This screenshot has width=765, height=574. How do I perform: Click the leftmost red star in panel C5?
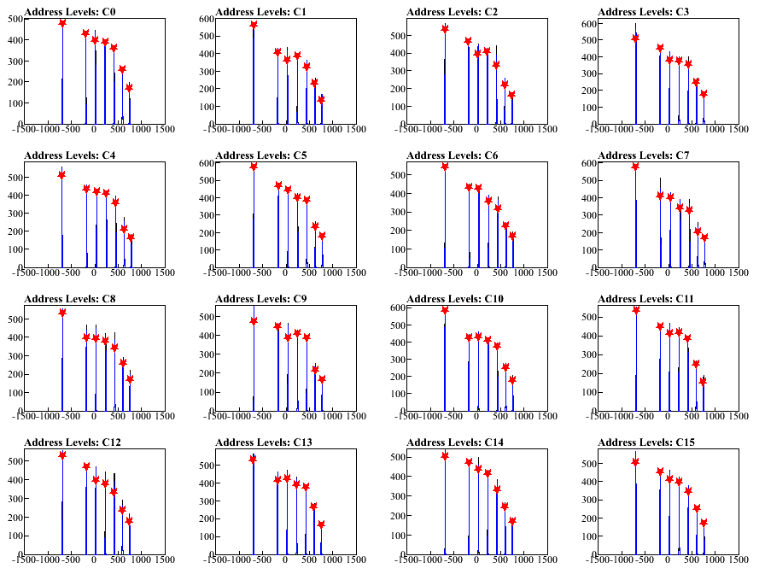coord(254,166)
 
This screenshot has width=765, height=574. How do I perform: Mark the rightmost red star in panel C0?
coord(130,88)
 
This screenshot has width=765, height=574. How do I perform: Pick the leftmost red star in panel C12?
coord(62,454)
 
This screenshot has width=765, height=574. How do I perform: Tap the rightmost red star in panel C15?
coord(704,522)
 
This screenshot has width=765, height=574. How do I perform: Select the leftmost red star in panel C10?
coord(445,309)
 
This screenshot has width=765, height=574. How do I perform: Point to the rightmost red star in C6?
coord(512,235)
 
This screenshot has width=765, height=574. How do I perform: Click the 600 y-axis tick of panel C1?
coord(205,19)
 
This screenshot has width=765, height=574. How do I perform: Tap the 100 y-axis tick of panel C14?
coord(396,535)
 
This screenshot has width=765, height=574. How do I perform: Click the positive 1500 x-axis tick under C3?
coord(739,129)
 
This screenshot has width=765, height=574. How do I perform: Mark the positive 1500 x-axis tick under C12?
coord(165,559)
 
